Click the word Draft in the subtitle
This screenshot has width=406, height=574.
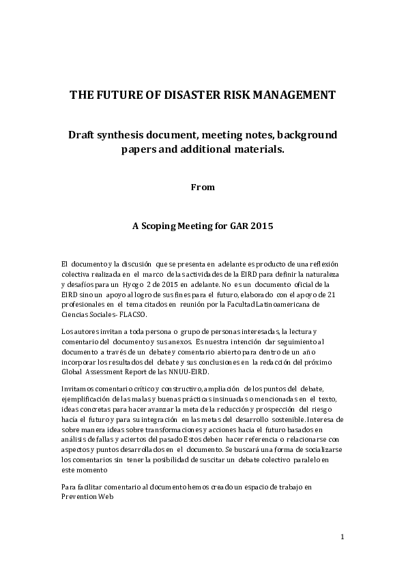point(83,135)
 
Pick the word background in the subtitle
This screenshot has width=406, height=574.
point(304,135)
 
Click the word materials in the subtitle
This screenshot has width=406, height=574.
point(257,149)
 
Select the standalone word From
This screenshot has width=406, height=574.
point(203,186)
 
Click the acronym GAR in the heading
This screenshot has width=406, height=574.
point(237,226)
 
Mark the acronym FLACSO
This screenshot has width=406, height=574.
point(132,314)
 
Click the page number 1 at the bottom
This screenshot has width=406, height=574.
point(343,537)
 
